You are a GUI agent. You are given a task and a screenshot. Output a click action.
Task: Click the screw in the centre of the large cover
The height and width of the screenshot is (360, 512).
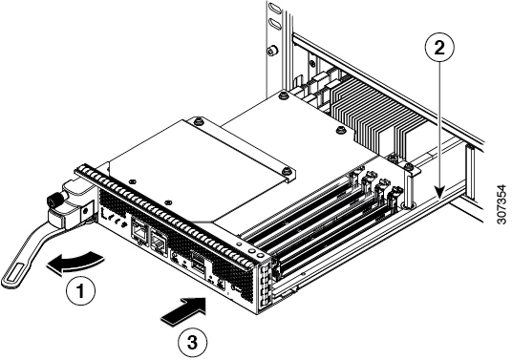pyautogui.click(x=197, y=122)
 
